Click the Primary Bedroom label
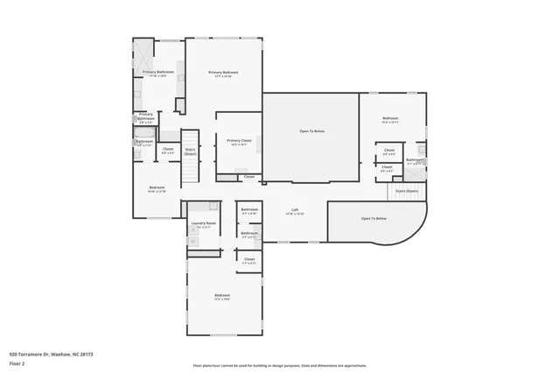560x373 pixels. click(x=223, y=73)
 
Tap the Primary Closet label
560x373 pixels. click(x=239, y=141)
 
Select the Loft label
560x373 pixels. click(x=295, y=210)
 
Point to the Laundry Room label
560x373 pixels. click(x=204, y=224)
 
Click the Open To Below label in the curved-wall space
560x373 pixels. click(x=374, y=218)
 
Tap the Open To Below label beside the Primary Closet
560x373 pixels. click(x=311, y=131)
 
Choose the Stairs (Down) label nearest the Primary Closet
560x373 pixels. click(x=190, y=151)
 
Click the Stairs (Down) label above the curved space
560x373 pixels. click(x=406, y=190)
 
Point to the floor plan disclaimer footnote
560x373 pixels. click(x=279, y=365)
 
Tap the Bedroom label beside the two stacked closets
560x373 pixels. click(x=390, y=119)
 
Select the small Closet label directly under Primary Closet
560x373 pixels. click(x=248, y=177)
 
